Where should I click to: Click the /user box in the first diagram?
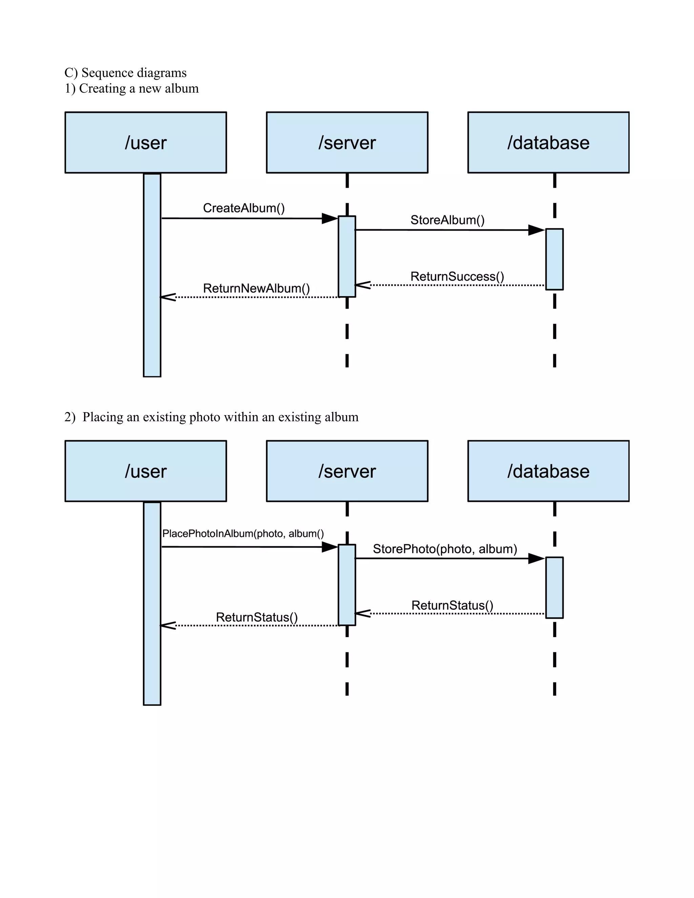tap(145, 142)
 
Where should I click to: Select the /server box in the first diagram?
tap(347, 142)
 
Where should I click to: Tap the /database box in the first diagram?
tap(548, 142)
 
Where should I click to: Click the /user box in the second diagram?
tap(145, 471)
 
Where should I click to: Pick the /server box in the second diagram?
tap(347, 471)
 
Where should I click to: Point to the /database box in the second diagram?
tap(548, 471)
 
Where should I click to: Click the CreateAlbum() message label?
tap(244, 208)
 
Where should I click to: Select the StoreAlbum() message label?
tap(447, 220)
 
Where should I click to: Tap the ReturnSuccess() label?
tap(457, 276)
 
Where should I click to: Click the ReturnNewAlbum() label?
tap(256, 288)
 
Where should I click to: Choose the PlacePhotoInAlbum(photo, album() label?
tap(243, 533)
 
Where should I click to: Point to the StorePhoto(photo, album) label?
tap(445, 549)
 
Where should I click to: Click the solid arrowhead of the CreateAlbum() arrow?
tap(330, 218)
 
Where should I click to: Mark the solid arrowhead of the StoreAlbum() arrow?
tap(536, 230)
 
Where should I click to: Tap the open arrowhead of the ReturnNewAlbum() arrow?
tap(168, 297)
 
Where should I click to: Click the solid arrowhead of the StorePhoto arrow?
tap(536, 558)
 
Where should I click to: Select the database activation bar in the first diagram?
tap(554, 259)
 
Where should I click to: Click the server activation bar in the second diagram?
tap(347, 585)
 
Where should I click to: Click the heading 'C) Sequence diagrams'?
tap(125, 73)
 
